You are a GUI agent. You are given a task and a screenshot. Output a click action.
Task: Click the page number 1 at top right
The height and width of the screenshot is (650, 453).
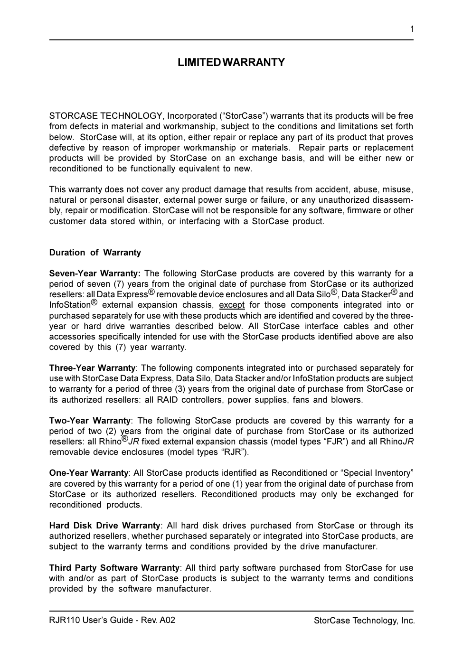[x=412, y=29]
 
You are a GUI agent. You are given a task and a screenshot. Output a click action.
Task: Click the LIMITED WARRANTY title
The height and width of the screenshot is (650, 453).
[x=231, y=63]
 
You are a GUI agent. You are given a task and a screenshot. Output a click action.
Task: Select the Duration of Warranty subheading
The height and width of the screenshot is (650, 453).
[x=95, y=253]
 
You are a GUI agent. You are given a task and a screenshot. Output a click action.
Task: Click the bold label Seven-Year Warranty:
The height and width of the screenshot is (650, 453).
[x=95, y=273]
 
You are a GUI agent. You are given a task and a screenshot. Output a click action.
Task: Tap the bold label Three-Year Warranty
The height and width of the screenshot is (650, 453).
[x=93, y=368]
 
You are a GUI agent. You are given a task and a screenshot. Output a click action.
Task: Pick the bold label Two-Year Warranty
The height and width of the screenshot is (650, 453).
[x=90, y=421]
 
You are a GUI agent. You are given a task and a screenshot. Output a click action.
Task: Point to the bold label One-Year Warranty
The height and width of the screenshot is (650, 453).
[x=89, y=473]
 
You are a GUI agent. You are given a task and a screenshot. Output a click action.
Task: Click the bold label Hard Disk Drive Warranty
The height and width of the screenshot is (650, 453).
[x=105, y=526]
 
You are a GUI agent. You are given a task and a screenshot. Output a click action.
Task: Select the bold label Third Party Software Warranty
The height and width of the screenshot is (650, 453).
[x=114, y=568]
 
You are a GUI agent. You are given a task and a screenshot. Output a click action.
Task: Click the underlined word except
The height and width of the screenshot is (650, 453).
[x=232, y=305]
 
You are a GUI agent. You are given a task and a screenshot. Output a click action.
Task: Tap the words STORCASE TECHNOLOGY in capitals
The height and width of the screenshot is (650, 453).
[x=106, y=116]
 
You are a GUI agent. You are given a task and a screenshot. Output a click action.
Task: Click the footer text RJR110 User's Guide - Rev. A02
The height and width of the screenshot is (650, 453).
[x=112, y=620]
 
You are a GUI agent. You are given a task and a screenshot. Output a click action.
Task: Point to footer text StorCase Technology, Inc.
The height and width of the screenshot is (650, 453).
[x=364, y=621]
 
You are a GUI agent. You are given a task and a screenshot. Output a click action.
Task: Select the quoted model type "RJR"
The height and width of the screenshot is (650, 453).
[x=234, y=452]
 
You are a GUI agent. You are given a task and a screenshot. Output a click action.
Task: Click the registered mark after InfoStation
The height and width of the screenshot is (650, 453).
[x=94, y=302]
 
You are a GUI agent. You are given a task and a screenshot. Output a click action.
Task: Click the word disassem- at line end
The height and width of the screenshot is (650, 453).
[x=393, y=200]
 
